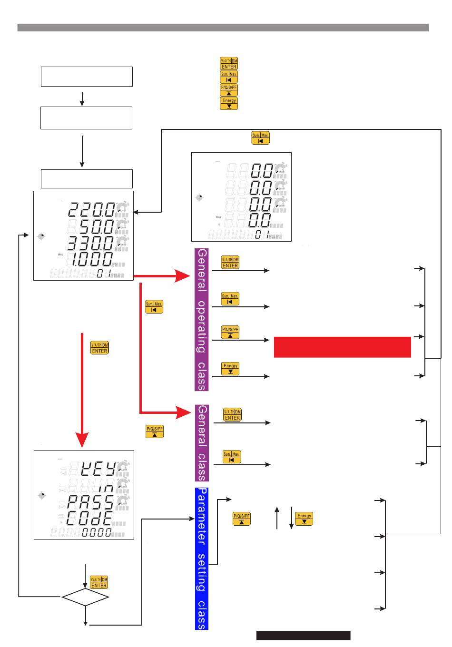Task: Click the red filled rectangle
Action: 342,347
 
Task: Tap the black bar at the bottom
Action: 303,636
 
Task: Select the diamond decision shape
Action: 86,597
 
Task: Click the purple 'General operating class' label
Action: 202,319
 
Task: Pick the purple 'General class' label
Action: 202,443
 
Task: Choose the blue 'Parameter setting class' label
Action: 202,559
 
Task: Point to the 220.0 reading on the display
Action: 90,209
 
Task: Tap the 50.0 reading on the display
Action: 95,225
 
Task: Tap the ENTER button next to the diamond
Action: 99,583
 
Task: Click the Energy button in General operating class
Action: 230,369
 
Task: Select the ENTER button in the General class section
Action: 232,415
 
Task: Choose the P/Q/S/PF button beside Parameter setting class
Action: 242,519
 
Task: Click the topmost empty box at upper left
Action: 87,77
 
